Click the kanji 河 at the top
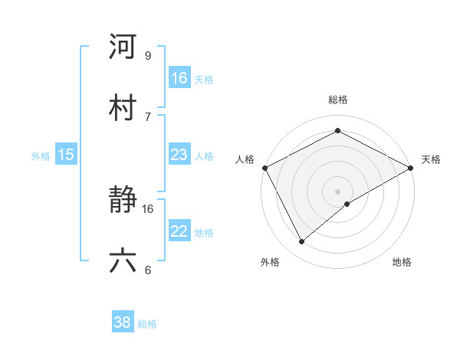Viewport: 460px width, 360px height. tap(123, 47)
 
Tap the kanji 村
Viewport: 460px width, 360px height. tap(123, 107)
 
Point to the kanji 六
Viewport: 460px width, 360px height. tap(123, 261)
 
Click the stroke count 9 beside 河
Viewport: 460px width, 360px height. tap(147, 55)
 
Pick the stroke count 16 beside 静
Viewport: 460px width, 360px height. tap(148, 208)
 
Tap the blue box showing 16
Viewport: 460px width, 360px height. tap(179, 78)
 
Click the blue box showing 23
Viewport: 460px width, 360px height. tap(179, 155)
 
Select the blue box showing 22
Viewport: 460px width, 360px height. tap(179, 231)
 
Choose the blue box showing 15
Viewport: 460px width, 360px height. tap(66, 155)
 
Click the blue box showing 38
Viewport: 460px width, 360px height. tap(123, 322)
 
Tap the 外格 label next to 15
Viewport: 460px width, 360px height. tap(41, 155)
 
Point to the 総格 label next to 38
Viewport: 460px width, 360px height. tap(147, 323)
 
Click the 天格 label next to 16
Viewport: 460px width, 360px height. tap(204, 79)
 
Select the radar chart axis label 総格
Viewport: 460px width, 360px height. tap(338, 100)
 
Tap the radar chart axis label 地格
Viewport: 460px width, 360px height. tap(402, 262)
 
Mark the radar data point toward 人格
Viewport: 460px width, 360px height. tap(264, 167)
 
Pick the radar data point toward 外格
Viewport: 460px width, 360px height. tap(302, 241)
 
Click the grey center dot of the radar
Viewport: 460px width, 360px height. tap(338, 191)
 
